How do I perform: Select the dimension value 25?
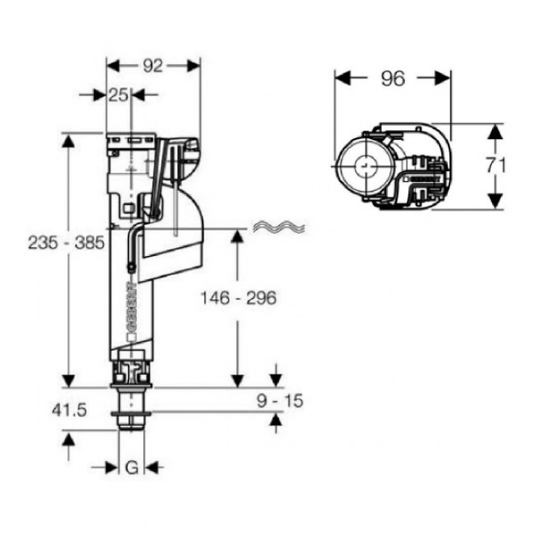pyautogui.click(x=118, y=95)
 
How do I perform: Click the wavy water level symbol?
pyautogui.click(x=277, y=226)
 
